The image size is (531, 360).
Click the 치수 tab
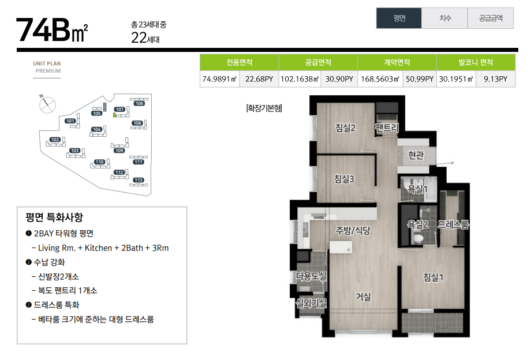[444, 18]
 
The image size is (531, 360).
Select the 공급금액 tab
[491, 18]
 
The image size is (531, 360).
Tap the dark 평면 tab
[399, 18]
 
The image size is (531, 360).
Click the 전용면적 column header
[240, 62]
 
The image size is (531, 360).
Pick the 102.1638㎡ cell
[300, 79]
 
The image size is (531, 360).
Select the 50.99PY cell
[420, 79]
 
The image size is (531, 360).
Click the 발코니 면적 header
[476, 62]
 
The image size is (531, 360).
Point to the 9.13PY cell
[495, 79]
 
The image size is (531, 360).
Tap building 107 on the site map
[120, 109]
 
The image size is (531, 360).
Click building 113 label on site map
[138, 180]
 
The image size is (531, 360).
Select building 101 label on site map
[70, 121]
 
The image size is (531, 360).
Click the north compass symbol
[47, 104]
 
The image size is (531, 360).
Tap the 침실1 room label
[433, 277]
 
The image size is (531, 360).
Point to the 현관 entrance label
[416, 155]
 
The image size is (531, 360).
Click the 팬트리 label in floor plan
[387, 127]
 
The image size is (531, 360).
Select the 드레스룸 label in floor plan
[453, 224]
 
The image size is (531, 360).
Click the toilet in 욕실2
[418, 238]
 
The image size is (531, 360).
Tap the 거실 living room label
[363, 297]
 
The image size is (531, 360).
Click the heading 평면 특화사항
[54, 217]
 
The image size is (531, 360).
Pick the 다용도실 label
[311, 276]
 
